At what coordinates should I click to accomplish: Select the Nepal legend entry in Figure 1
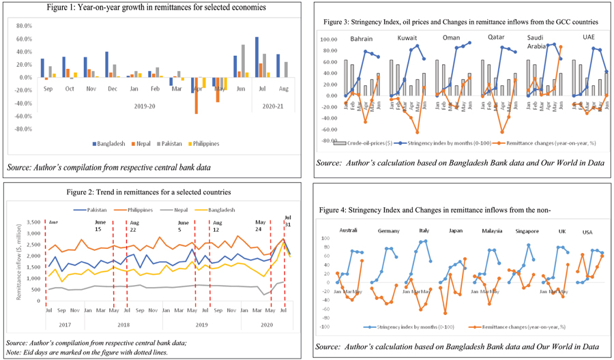[x=139, y=145]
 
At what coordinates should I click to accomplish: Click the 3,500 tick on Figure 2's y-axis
[x=32, y=222]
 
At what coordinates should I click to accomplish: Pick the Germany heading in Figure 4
[x=388, y=232]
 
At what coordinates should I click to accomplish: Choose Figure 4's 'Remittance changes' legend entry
[x=525, y=327]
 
